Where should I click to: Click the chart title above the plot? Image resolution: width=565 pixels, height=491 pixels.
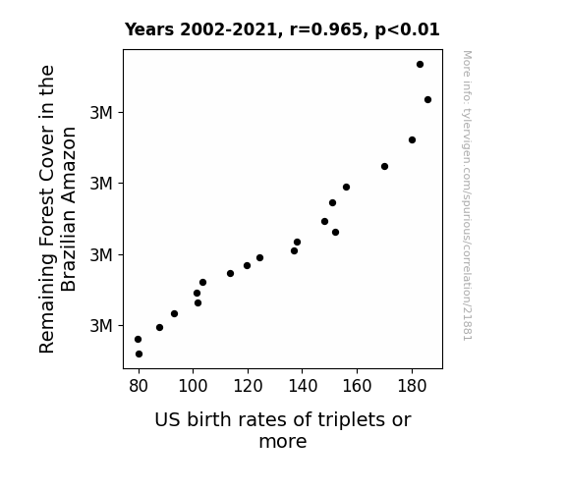[282, 29]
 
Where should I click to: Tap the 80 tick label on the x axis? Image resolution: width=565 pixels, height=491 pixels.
[139, 386]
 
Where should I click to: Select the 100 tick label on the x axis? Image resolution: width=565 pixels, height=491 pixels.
[193, 386]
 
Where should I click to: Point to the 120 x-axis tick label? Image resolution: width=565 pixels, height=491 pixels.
[248, 386]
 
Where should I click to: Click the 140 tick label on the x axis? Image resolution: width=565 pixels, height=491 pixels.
[303, 386]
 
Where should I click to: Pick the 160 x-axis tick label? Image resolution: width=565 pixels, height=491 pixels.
[357, 386]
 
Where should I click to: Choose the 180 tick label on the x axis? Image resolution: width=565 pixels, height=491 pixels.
[412, 386]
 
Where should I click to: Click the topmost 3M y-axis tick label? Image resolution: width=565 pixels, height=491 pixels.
[101, 113]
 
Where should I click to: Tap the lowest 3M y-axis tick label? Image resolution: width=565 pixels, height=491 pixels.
[101, 326]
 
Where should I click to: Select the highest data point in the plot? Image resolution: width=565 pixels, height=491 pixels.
[420, 65]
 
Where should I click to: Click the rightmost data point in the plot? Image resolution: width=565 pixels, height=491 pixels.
[427, 100]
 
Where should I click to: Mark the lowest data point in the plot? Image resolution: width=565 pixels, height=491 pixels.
[139, 355]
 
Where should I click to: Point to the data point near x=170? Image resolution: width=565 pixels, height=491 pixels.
[384, 166]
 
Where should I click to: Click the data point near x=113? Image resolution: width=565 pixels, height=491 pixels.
[230, 273]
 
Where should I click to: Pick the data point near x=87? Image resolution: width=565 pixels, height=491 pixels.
[159, 327]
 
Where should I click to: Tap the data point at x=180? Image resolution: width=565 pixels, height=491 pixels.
[412, 139]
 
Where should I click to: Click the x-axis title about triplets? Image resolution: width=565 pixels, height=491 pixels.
[283, 430]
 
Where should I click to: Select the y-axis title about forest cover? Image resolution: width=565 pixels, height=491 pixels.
[57, 209]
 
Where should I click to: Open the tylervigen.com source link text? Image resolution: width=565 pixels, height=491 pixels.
[467, 195]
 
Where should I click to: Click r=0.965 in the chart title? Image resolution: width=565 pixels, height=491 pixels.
[326, 29]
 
